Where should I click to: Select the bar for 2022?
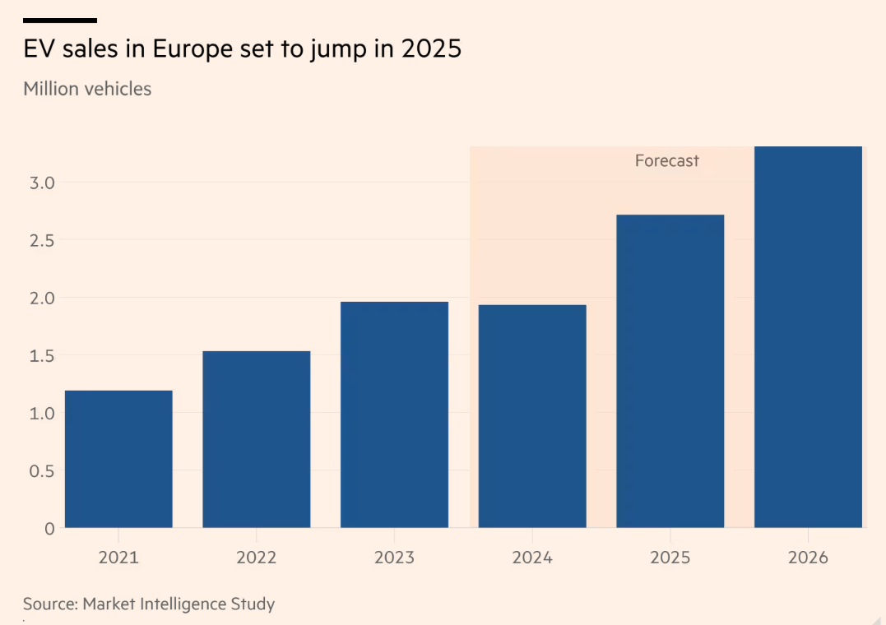[x=257, y=439]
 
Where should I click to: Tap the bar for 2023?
[x=394, y=414]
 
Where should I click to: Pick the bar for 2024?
[x=532, y=416]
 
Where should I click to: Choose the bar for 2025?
[x=670, y=371]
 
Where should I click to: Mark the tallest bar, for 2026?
[x=808, y=337]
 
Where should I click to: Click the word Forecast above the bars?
[x=666, y=161]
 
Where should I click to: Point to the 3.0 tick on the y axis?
[x=41, y=183]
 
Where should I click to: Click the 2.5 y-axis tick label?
[x=41, y=240]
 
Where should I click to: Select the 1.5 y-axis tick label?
[x=41, y=355]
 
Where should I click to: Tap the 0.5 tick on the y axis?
[x=41, y=471]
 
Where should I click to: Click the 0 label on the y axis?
[x=49, y=529]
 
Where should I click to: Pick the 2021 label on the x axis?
[x=118, y=558]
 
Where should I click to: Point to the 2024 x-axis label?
[x=532, y=558]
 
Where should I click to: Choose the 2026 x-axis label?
[x=808, y=558]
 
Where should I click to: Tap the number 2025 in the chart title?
[x=432, y=49]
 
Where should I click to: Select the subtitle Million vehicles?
[x=87, y=89]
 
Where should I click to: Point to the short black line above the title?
[x=60, y=20]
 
